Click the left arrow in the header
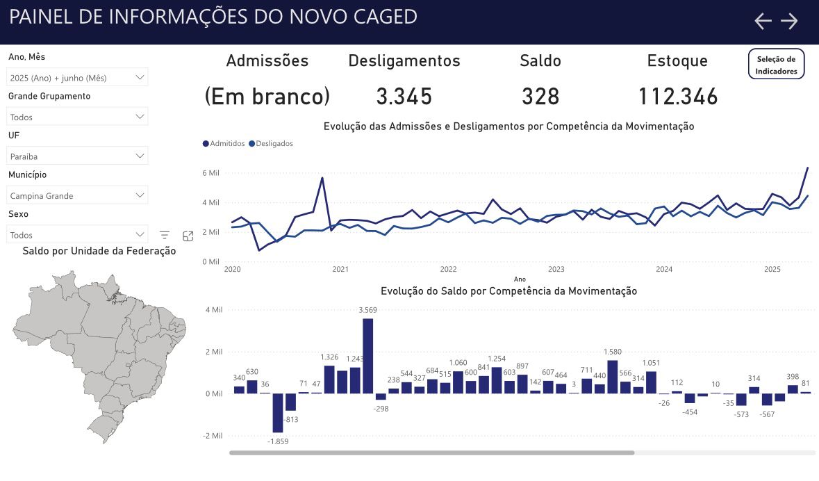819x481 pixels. (x=763, y=21)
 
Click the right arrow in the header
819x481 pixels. (x=789, y=21)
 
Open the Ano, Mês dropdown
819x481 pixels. (x=77, y=78)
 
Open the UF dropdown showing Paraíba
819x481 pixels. (x=77, y=156)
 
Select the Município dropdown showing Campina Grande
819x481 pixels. (x=77, y=195)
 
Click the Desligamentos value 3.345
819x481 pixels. (x=404, y=97)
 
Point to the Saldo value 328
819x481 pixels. (x=540, y=97)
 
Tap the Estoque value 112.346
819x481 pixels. (x=677, y=97)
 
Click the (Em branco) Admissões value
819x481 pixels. (x=267, y=97)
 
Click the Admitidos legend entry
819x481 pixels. (x=224, y=143)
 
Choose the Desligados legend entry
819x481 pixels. (x=271, y=143)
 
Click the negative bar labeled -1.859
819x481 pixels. (x=278, y=412)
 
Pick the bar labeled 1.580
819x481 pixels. (x=613, y=376)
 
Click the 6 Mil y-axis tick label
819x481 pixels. (x=210, y=173)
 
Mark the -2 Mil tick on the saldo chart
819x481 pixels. (x=211, y=436)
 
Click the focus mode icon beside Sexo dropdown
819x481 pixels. (x=188, y=236)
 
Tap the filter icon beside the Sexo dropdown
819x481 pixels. (x=165, y=236)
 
